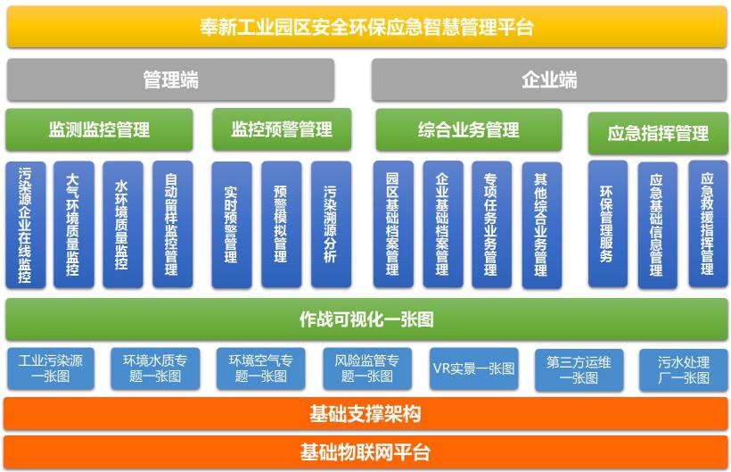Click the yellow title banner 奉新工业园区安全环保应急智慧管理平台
[366, 27]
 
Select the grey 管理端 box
[170, 80]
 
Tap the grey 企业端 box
[548, 80]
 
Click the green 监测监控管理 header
[99, 130]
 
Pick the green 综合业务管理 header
[468, 130]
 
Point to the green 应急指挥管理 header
[658, 134]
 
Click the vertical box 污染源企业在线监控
[25, 225]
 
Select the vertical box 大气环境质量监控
[74, 225]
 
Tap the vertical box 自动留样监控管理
[172, 225]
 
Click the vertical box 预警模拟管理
[281, 225]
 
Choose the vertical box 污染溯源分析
[331, 225]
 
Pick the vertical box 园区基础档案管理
[392, 225]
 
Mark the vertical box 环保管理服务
[607, 225]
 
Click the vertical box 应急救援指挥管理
[707, 225]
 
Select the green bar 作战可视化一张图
[366, 319]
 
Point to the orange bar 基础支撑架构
[366, 414]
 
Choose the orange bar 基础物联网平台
[366, 451]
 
